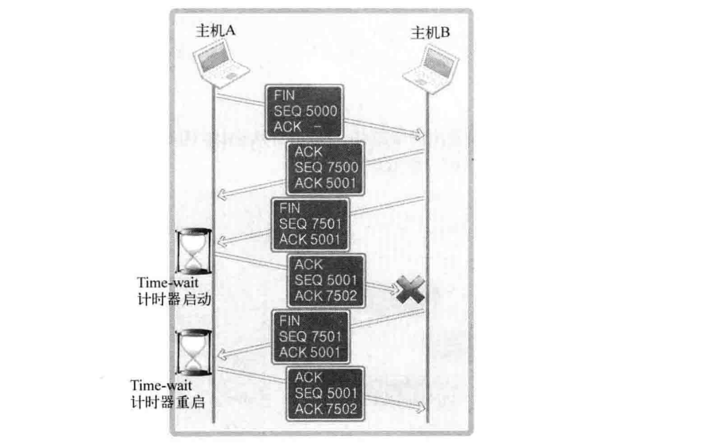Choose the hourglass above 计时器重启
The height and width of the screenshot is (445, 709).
click(x=194, y=352)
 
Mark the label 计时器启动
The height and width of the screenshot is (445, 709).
click(x=171, y=300)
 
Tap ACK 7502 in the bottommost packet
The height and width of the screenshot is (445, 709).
click(x=325, y=408)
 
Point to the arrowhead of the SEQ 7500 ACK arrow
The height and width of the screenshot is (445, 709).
click(x=219, y=196)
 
